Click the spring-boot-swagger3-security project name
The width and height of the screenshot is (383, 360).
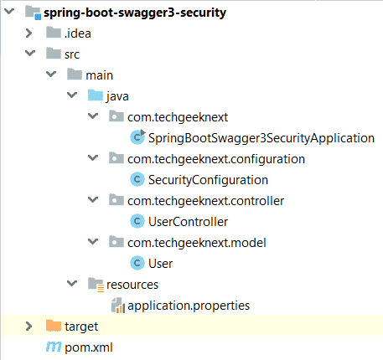135,13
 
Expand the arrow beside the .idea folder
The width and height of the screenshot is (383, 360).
28,33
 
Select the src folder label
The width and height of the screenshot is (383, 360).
72,54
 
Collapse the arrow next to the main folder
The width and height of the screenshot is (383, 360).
51,74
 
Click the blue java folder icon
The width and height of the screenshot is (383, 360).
96,95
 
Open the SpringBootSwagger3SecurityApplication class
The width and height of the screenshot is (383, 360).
261,138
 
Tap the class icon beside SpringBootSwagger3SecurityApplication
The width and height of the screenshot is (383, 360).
137,137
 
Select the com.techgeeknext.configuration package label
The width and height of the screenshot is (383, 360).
216,159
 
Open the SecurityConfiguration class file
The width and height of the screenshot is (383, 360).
208,180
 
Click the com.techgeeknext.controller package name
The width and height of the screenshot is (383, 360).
205,201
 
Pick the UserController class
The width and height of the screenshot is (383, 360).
188,222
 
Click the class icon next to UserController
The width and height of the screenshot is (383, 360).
137,221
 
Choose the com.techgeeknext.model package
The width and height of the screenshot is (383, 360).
197,243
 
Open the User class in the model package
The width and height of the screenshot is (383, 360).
160,264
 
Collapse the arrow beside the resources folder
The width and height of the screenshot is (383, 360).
72,283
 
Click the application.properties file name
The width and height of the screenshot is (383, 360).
189,306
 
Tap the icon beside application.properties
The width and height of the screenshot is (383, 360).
118,306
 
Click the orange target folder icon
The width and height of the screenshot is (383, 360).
54,326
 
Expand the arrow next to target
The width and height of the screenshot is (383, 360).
28,327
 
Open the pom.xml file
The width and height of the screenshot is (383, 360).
89,347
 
